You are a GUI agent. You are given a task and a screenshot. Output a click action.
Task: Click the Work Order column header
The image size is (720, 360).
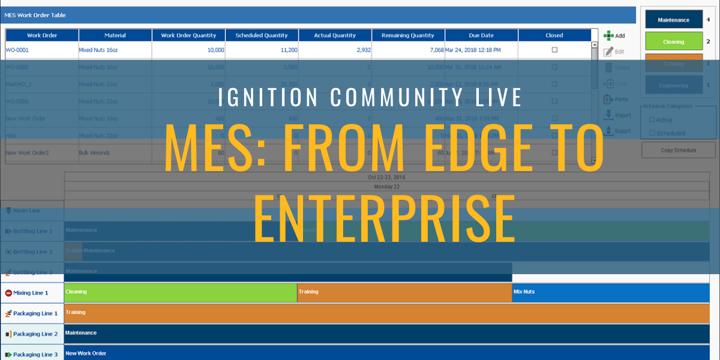(x=42, y=35)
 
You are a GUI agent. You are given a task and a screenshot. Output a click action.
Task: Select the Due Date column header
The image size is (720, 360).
(x=481, y=35)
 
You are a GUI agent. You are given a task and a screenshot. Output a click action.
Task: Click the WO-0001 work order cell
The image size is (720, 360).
(x=17, y=50)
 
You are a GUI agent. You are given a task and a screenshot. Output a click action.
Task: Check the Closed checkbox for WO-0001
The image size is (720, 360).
(x=554, y=50)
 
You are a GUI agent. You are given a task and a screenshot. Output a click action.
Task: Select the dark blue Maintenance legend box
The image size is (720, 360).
(x=673, y=20)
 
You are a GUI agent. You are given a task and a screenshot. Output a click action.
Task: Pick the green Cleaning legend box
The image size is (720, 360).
(x=673, y=41)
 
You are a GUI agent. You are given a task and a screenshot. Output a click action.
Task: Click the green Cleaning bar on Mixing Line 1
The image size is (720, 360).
(x=180, y=292)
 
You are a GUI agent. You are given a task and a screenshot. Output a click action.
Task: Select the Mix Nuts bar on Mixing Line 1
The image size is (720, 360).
(x=610, y=292)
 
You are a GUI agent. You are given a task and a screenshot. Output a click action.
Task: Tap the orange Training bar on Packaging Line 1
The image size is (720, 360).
(x=384, y=313)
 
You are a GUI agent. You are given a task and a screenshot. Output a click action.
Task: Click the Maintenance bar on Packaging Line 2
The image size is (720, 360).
(x=384, y=333)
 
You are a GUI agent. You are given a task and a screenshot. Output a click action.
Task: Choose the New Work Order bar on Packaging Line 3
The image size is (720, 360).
(x=384, y=353)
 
